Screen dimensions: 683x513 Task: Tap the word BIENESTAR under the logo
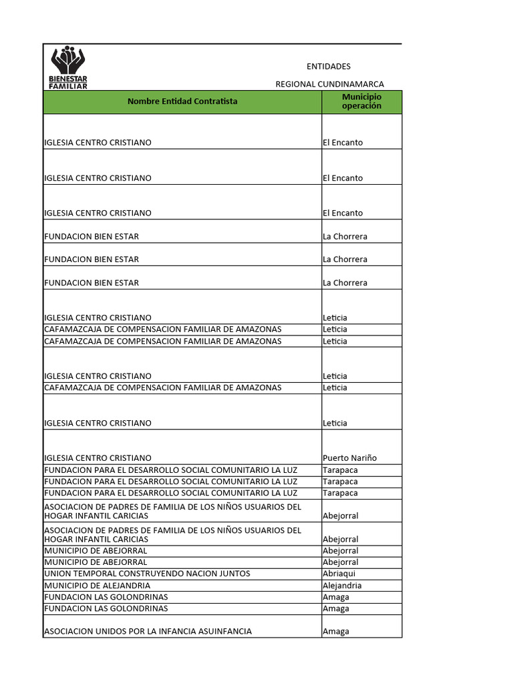tap(68, 79)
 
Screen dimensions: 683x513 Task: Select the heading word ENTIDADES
tap(328, 67)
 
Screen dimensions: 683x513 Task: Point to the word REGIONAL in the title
tap(295, 84)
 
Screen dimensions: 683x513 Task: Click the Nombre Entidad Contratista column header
tap(182, 101)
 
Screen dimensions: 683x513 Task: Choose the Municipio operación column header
tap(361, 101)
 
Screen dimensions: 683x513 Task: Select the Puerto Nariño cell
tap(349, 458)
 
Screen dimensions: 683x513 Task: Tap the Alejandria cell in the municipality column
tap(342, 586)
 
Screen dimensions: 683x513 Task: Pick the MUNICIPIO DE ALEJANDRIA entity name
tap(98, 586)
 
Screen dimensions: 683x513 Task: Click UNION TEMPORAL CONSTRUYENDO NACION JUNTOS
tap(147, 574)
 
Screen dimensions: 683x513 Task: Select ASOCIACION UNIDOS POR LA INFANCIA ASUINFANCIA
tap(148, 632)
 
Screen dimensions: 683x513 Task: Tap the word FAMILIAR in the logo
tap(68, 86)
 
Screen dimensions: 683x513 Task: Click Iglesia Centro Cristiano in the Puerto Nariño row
tap(98, 458)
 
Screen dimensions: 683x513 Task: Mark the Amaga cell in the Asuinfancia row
tap(336, 632)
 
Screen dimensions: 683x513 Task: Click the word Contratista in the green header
tap(216, 101)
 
